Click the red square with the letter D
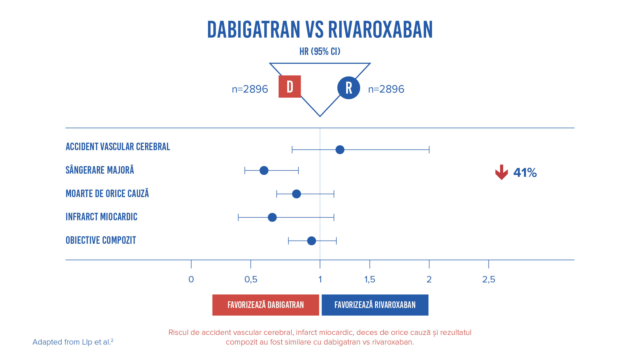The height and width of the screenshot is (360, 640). (290, 87)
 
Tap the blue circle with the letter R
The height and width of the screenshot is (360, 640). (349, 88)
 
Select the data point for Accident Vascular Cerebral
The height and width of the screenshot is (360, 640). (340, 150)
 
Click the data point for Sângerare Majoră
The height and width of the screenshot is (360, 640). (264, 170)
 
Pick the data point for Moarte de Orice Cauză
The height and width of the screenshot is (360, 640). (296, 194)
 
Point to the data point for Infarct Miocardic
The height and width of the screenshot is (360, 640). (272, 217)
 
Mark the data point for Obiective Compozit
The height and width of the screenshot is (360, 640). (311, 241)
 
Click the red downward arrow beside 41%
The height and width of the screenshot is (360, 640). (501, 172)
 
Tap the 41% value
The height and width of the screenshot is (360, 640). (525, 173)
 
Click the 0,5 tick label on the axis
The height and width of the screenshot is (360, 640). (251, 279)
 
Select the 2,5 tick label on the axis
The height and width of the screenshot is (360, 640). (489, 279)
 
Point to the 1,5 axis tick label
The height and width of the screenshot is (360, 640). (370, 279)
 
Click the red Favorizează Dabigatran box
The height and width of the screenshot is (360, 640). (266, 305)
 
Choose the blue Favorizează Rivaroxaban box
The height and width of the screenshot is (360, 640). (375, 305)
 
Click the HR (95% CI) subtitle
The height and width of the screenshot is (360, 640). (320, 51)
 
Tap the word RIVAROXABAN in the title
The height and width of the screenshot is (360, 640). (380, 30)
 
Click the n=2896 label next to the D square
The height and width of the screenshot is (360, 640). (250, 89)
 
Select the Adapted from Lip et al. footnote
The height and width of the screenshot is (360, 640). (73, 342)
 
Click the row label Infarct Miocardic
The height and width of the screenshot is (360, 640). (101, 217)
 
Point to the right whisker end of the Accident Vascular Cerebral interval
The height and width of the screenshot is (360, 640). (429, 150)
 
